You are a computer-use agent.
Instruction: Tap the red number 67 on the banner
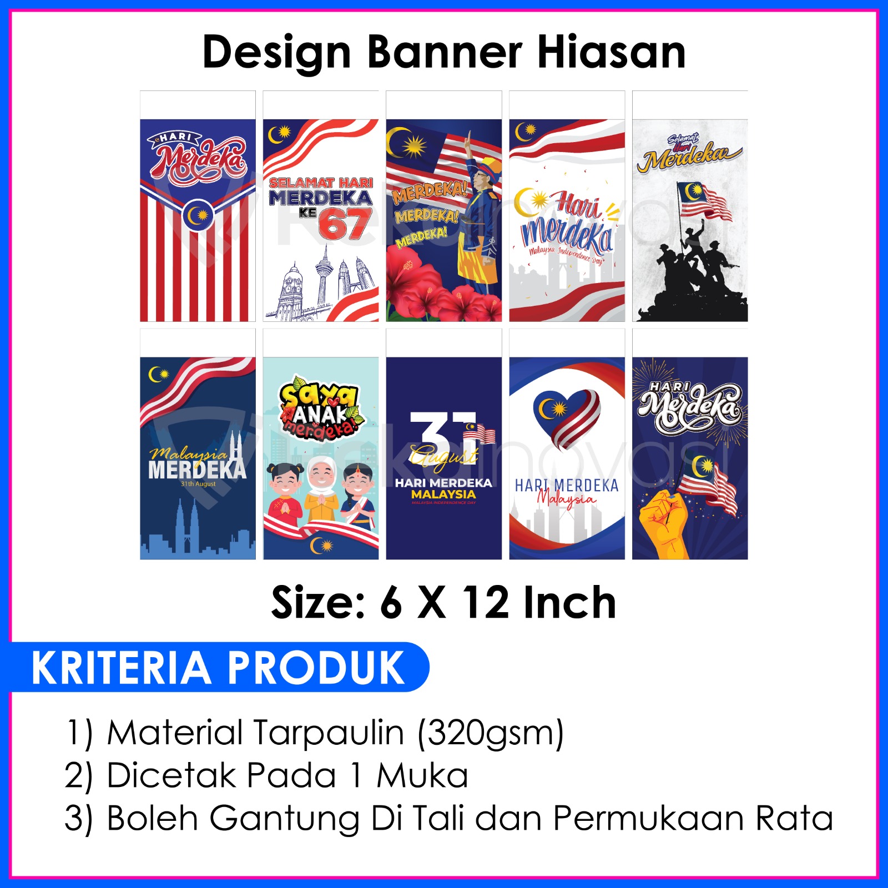pos(345,225)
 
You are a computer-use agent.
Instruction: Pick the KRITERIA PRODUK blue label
pos(219,667)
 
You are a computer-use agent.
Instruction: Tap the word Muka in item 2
pos(422,775)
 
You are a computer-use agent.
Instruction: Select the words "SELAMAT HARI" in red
pos(321,183)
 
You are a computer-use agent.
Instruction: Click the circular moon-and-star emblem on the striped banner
pos(197,215)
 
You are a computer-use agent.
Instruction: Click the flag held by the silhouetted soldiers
pos(702,200)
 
